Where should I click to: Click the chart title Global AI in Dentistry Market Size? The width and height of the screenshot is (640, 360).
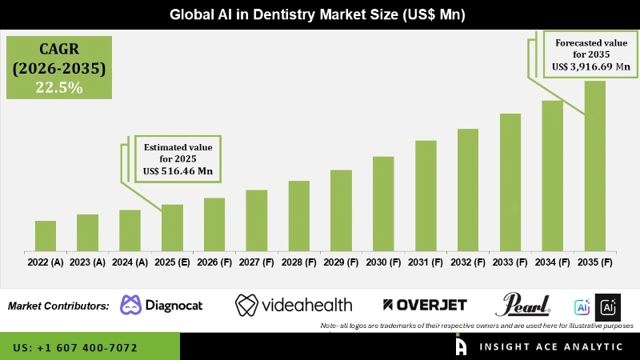[320, 15]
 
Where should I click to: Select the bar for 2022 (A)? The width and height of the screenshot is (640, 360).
[46, 235]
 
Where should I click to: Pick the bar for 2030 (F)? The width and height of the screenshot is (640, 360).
[383, 203]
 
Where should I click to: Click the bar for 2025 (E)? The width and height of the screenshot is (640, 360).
[172, 227]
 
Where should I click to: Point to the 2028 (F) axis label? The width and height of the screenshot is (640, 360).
[298, 262]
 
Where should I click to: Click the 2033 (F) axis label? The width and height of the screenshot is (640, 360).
[510, 262]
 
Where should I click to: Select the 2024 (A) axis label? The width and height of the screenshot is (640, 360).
[130, 262]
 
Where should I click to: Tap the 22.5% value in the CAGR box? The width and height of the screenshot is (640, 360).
[58, 88]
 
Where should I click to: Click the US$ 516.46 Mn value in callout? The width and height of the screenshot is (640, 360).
[178, 172]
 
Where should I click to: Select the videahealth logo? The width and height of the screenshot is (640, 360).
[294, 305]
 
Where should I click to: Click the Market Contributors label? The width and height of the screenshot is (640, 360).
[58, 306]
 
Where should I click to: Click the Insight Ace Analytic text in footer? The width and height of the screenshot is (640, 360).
[551, 346]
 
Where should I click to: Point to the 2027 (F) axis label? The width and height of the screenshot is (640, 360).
[256, 262]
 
